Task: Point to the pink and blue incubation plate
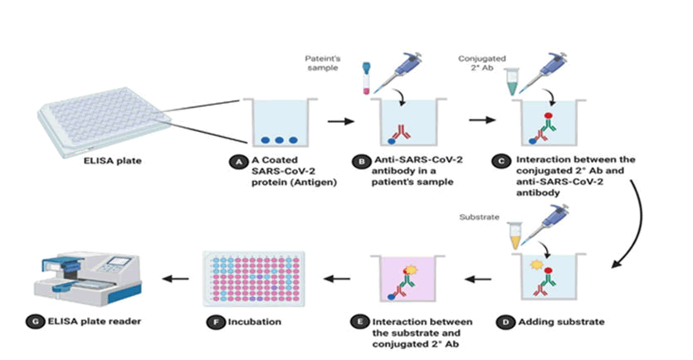(x=254, y=278)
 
